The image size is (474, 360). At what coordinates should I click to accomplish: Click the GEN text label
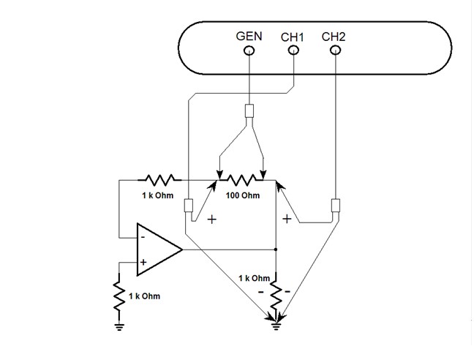[249, 36]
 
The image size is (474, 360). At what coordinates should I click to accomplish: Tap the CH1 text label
[293, 36]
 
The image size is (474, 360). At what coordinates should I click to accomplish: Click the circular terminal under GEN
[249, 50]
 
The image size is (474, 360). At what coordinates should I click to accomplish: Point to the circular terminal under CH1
[293, 50]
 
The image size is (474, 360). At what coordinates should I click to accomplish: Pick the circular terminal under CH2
[335, 50]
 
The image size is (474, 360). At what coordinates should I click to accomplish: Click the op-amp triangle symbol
[157, 250]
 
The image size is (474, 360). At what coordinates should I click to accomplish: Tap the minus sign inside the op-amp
[143, 237]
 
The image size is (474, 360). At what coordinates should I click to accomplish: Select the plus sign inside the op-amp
[143, 262]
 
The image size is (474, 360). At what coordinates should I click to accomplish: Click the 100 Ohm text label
[242, 195]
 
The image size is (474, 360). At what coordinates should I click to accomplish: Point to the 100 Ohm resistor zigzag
[242, 179]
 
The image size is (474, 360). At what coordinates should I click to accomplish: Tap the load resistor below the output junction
[276, 294]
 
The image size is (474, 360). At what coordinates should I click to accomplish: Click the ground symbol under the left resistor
[118, 327]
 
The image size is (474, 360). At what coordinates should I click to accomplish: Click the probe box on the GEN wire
[249, 111]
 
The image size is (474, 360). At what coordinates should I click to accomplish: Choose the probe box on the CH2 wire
[336, 205]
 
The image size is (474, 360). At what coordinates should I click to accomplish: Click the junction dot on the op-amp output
[276, 250]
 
